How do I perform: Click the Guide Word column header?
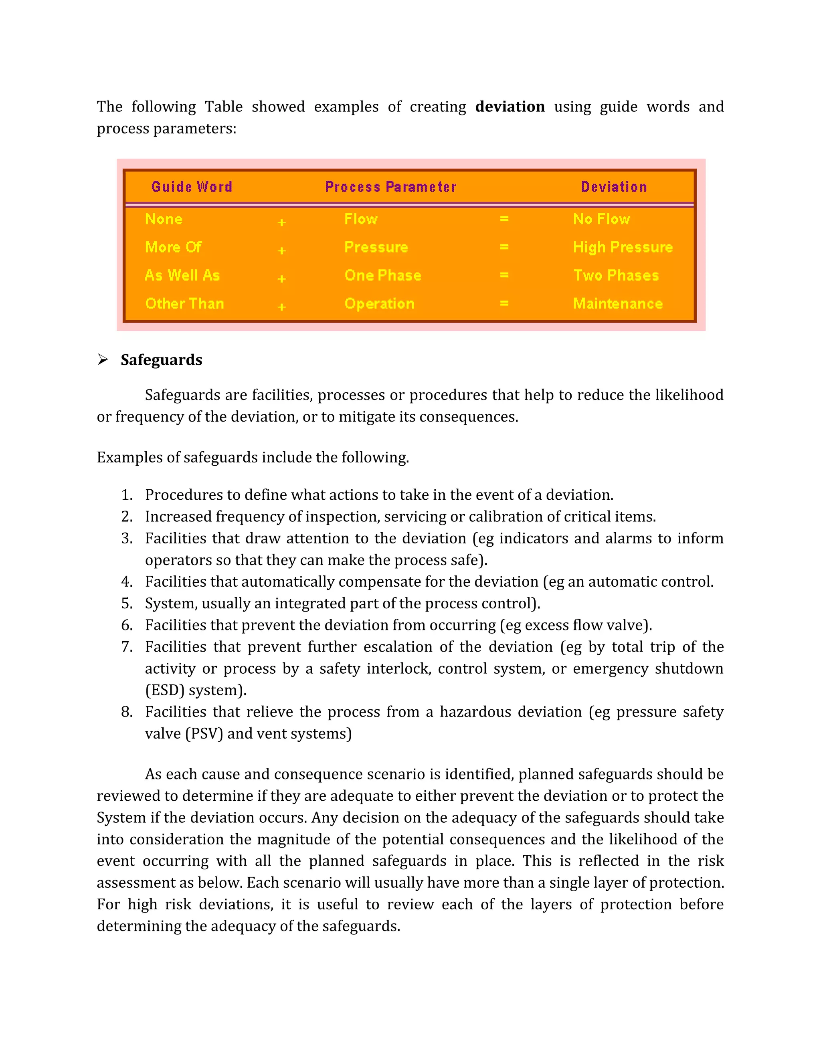192,187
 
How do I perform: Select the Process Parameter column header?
390,187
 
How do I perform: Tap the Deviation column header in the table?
614,187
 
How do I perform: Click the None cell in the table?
164,219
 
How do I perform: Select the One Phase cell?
383,275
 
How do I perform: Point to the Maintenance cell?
618,303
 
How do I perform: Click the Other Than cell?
185,303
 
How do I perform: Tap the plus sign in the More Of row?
281,250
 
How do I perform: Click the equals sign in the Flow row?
504,219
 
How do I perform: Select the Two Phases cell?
616,275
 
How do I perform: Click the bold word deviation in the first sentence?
510,107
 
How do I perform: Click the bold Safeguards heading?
162,360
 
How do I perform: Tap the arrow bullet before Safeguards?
103,359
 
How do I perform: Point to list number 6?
127,625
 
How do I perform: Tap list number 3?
127,538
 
